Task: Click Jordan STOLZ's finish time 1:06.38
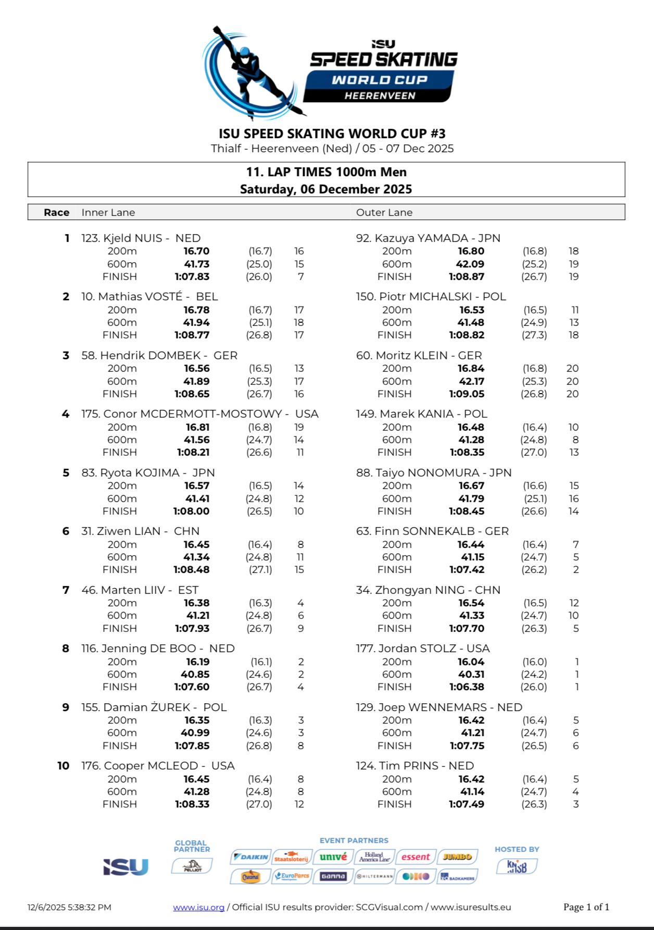(x=467, y=687)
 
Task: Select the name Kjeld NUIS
(x=133, y=238)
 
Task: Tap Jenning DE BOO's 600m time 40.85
(x=195, y=674)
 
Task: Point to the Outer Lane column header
(x=384, y=212)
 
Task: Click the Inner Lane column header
(x=108, y=212)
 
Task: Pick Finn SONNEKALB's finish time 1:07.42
(x=467, y=570)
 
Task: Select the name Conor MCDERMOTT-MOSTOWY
(x=193, y=414)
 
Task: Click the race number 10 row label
(x=63, y=766)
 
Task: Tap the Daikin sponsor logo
(x=251, y=857)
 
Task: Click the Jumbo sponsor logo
(x=457, y=857)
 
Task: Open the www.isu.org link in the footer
(x=198, y=907)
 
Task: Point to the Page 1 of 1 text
(x=586, y=907)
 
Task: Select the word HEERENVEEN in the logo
(x=380, y=96)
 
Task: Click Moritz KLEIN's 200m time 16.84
(x=471, y=369)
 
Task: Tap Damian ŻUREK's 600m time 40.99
(x=195, y=733)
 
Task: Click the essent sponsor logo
(x=416, y=857)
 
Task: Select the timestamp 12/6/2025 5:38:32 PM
(x=69, y=907)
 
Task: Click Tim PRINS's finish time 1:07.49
(x=467, y=804)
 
